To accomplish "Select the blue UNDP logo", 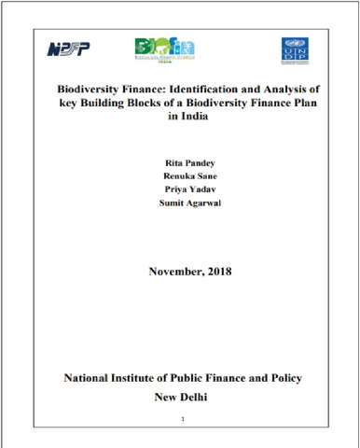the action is [292, 50].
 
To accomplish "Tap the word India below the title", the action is [187, 116].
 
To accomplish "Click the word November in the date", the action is [173, 273].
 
